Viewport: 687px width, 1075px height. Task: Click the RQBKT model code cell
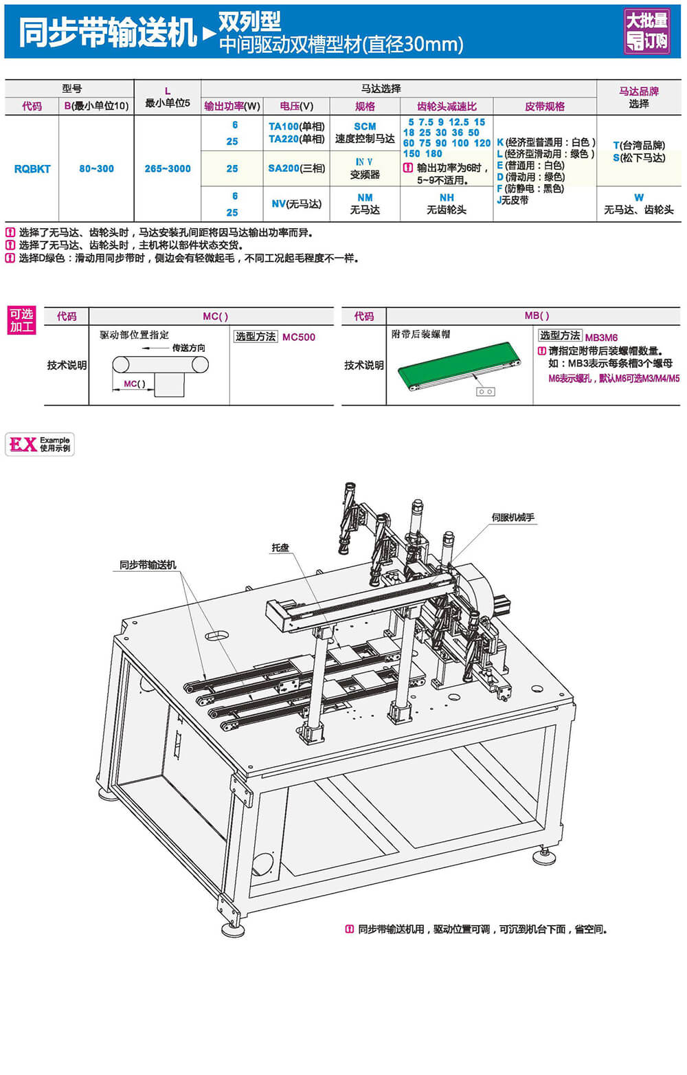tap(32, 169)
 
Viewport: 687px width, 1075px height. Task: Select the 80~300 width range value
tap(96, 169)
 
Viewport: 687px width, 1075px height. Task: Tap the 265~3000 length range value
tap(168, 169)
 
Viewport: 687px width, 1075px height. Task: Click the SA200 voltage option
tap(296, 168)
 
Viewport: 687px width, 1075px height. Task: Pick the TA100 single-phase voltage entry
tap(296, 126)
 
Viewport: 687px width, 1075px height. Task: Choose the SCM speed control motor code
tap(365, 126)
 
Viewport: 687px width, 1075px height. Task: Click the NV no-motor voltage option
tap(296, 204)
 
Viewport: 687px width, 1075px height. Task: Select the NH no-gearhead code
tap(447, 198)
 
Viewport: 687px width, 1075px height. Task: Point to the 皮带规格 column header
tap(545, 107)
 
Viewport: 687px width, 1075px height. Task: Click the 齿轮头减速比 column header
tap(447, 107)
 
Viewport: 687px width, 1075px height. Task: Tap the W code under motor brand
tap(639, 198)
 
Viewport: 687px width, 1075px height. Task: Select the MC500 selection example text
tap(299, 337)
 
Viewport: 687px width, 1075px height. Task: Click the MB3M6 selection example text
tap(601, 337)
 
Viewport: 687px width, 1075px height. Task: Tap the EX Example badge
tap(40, 444)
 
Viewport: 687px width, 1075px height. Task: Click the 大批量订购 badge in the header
tap(646, 31)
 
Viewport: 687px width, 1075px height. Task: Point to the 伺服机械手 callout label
tap(513, 518)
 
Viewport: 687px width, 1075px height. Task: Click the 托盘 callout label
tap(280, 548)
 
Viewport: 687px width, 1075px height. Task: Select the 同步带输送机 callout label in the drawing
tap(148, 565)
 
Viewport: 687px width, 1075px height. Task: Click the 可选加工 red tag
tap(21, 321)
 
